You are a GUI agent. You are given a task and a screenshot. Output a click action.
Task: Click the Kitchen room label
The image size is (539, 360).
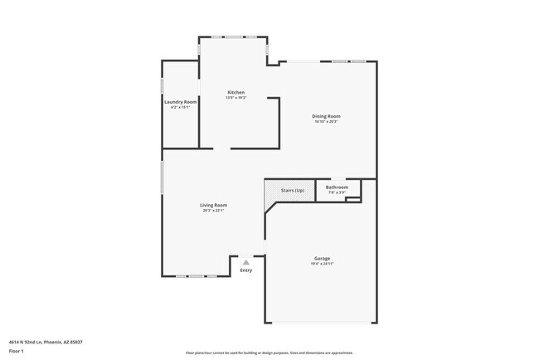[236, 92]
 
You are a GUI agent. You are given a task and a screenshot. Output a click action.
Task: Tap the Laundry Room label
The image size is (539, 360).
[180, 102]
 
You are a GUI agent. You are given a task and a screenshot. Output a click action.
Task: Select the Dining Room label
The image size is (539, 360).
[326, 116]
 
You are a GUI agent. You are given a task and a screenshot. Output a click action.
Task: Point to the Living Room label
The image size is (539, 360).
[213, 205]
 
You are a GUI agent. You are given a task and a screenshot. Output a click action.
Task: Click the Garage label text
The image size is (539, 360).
[322, 259]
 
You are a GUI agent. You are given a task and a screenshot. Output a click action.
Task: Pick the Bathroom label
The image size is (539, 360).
[337, 187]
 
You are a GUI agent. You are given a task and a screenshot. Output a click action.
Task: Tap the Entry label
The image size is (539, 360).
[246, 270]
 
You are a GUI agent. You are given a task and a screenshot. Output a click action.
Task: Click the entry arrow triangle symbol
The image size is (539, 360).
[245, 262]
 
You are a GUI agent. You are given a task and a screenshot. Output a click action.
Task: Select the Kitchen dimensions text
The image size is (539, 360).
[236, 98]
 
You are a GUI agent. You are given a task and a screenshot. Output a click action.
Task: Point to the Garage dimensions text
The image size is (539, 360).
[322, 265]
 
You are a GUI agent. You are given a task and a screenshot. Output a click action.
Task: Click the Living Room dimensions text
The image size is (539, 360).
[213, 211]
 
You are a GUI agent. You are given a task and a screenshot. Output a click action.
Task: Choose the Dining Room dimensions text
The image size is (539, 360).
[326, 122]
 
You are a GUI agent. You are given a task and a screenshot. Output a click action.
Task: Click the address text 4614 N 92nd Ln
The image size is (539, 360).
[46, 341]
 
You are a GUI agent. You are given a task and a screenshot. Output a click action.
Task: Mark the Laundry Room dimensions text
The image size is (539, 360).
[180, 107]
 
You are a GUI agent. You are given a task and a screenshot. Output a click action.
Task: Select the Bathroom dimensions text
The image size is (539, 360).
[337, 192]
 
